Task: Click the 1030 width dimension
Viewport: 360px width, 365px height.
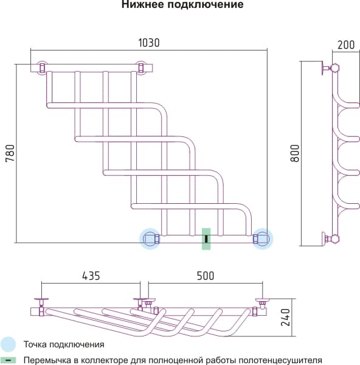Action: click(149, 43)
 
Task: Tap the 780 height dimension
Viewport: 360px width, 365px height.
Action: click(10, 153)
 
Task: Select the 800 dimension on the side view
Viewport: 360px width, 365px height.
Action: click(295, 153)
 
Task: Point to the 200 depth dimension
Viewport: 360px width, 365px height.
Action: click(346, 44)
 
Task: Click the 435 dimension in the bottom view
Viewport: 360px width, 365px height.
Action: click(91, 276)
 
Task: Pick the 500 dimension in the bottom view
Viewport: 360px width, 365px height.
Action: click(206, 276)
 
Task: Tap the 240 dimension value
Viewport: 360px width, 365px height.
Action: click(285, 318)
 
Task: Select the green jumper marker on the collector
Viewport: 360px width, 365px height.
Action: click(206, 239)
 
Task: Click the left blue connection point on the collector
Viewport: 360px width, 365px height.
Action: click(150, 239)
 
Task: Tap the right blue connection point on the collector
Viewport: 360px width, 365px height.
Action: click(263, 239)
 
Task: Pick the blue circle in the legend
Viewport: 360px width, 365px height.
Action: click(8, 344)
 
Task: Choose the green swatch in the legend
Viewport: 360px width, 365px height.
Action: click(8, 360)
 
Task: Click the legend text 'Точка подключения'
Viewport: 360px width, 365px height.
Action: click(64, 344)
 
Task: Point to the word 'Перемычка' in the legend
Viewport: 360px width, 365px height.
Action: click(47, 360)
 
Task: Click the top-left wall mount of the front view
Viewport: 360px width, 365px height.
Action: click(43, 68)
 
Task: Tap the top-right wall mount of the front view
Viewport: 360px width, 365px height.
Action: click(141, 68)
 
